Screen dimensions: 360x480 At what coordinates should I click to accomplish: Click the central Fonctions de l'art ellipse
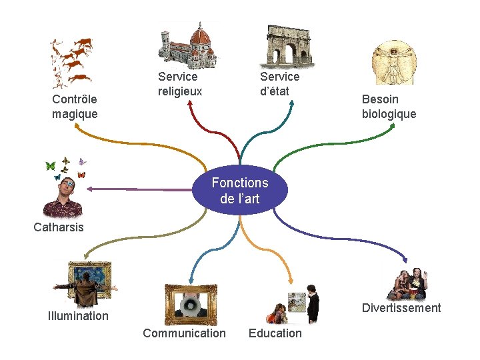(240, 190)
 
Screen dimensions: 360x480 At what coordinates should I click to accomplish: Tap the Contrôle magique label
(75, 107)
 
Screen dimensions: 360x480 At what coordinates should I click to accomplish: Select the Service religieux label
(180, 84)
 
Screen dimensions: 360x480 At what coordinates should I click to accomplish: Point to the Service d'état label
(279, 84)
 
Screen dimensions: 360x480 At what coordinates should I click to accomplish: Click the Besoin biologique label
(389, 107)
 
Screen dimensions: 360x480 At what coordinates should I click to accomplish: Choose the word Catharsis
(59, 227)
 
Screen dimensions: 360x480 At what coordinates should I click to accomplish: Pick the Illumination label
(78, 316)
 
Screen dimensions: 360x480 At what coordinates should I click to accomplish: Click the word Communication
(184, 333)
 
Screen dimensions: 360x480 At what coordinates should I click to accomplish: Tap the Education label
(275, 333)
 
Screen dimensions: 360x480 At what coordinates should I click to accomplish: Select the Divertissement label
(401, 308)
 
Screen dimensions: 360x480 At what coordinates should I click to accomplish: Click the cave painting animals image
(72, 61)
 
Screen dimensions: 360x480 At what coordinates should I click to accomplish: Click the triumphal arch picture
(289, 47)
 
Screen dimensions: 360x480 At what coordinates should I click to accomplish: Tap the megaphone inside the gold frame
(190, 306)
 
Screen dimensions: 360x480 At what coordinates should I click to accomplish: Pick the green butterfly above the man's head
(50, 166)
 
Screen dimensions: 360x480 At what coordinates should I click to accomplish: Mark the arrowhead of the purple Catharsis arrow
(89, 189)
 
